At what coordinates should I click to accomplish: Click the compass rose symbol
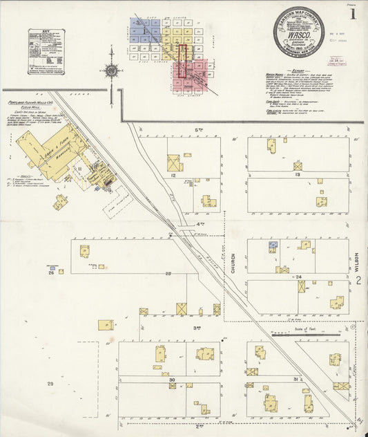pyautogui.click(x=110, y=70)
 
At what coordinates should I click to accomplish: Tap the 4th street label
pyautogui.click(x=202, y=224)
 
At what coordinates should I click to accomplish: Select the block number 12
pyautogui.click(x=174, y=176)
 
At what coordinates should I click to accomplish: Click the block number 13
pyautogui.click(x=298, y=175)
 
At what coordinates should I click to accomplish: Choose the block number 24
pyautogui.click(x=300, y=277)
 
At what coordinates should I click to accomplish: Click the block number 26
pyautogui.click(x=50, y=273)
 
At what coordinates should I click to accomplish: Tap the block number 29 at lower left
pyautogui.click(x=50, y=383)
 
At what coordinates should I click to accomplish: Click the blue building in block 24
pyautogui.click(x=273, y=245)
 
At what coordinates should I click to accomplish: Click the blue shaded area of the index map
pyautogui.click(x=145, y=30)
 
